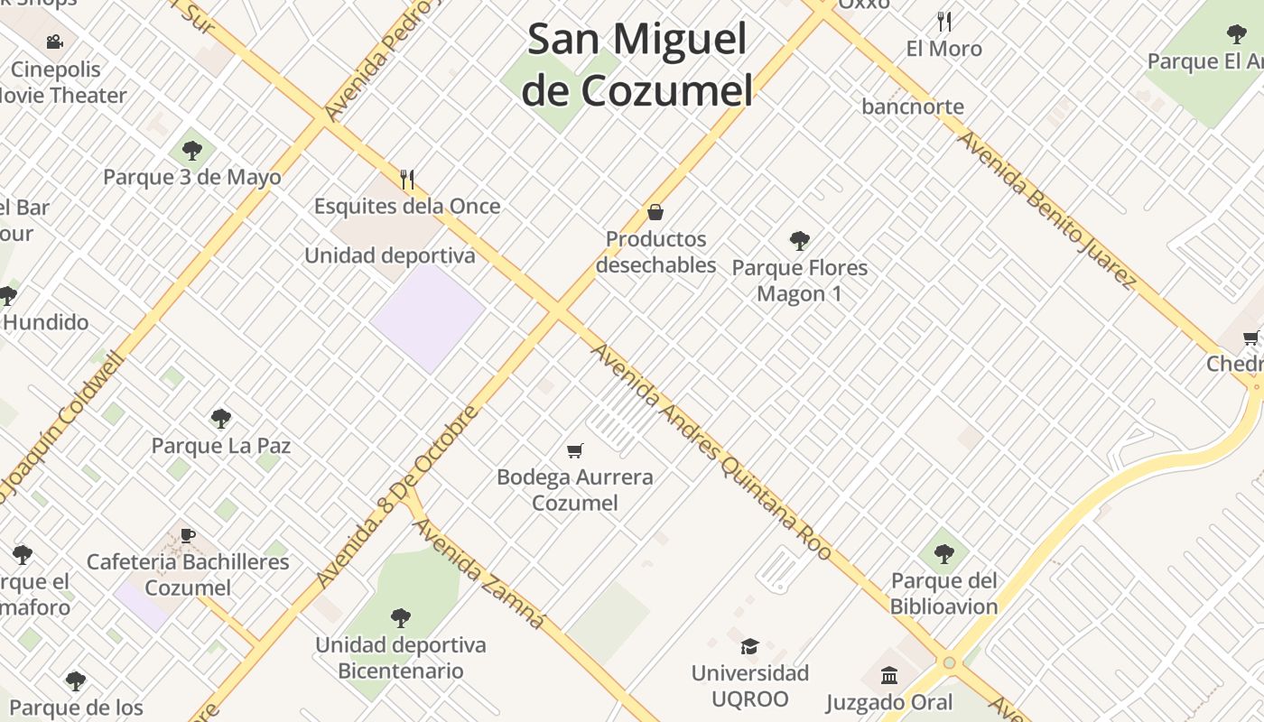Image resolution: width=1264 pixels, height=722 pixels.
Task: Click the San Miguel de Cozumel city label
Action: (637, 65)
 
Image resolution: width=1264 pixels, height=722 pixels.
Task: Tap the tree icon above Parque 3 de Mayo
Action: (191, 151)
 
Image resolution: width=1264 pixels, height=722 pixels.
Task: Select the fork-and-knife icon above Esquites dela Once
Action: (407, 180)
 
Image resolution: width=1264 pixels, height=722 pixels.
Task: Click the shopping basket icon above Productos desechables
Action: (655, 212)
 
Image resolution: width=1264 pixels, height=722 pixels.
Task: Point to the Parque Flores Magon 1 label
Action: (799, 281)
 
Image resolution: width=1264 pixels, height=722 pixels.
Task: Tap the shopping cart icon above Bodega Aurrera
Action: (575, 450)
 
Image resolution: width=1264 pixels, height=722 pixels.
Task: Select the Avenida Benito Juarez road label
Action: (1046, 209)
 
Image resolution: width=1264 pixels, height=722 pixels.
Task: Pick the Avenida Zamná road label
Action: (479, 572)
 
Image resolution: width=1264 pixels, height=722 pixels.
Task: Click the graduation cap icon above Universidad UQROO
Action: (749, 646)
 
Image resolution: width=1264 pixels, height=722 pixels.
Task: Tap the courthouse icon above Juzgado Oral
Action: (889, 675)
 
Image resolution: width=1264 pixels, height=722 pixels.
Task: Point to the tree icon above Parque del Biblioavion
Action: (944, 553)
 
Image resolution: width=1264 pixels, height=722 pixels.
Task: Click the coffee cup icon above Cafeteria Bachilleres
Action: (188, 535)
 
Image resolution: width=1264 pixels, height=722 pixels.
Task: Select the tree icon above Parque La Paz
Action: (220, 419)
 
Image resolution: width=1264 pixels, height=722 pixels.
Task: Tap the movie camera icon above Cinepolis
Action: (55, 42)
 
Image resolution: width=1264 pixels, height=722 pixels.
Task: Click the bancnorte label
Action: (913, 106)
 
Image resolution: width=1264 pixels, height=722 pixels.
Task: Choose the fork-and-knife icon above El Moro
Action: (944, 21)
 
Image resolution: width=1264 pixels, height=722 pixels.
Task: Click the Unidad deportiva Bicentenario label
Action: (400, 658)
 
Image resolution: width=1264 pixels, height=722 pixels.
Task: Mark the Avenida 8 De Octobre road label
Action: (397, 497)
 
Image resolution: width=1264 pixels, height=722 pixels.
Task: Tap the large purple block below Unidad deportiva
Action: (428, 317)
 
